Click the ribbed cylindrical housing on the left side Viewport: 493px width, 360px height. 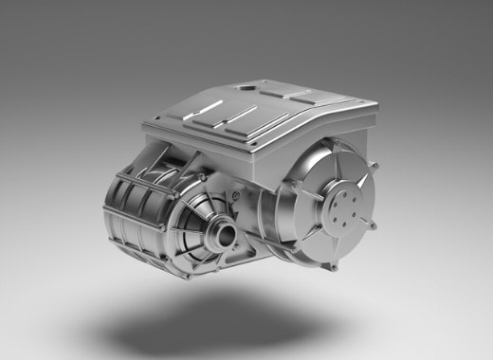[x=133, y=204]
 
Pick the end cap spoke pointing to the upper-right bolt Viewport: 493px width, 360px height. [x=360, y=180]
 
